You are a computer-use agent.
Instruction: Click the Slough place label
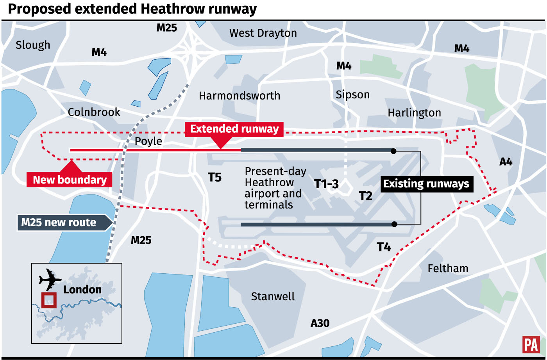[33, 45]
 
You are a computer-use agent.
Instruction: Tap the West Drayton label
[263, 33]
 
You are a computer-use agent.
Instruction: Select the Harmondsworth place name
[239, 96]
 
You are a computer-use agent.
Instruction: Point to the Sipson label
[352, 95]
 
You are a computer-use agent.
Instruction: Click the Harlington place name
[414, 113]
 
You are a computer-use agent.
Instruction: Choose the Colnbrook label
[94, 112]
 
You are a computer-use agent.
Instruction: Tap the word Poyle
[148, 141]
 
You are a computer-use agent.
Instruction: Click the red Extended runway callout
[234, 129]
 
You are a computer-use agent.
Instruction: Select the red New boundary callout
[70, 180]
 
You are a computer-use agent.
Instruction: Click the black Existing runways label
[426, 184]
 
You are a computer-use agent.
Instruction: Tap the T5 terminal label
[215, 178]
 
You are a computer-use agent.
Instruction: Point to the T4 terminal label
[384, 247]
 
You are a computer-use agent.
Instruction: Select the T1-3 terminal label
[326, 184]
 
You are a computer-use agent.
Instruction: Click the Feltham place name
[448, 269]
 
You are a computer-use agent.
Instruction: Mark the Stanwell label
[273, 297]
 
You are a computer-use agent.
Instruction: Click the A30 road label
[320, 323]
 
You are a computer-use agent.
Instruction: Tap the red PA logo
[531, 345]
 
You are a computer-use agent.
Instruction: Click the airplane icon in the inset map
[50, 279]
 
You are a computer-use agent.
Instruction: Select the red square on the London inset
[49, 300]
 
